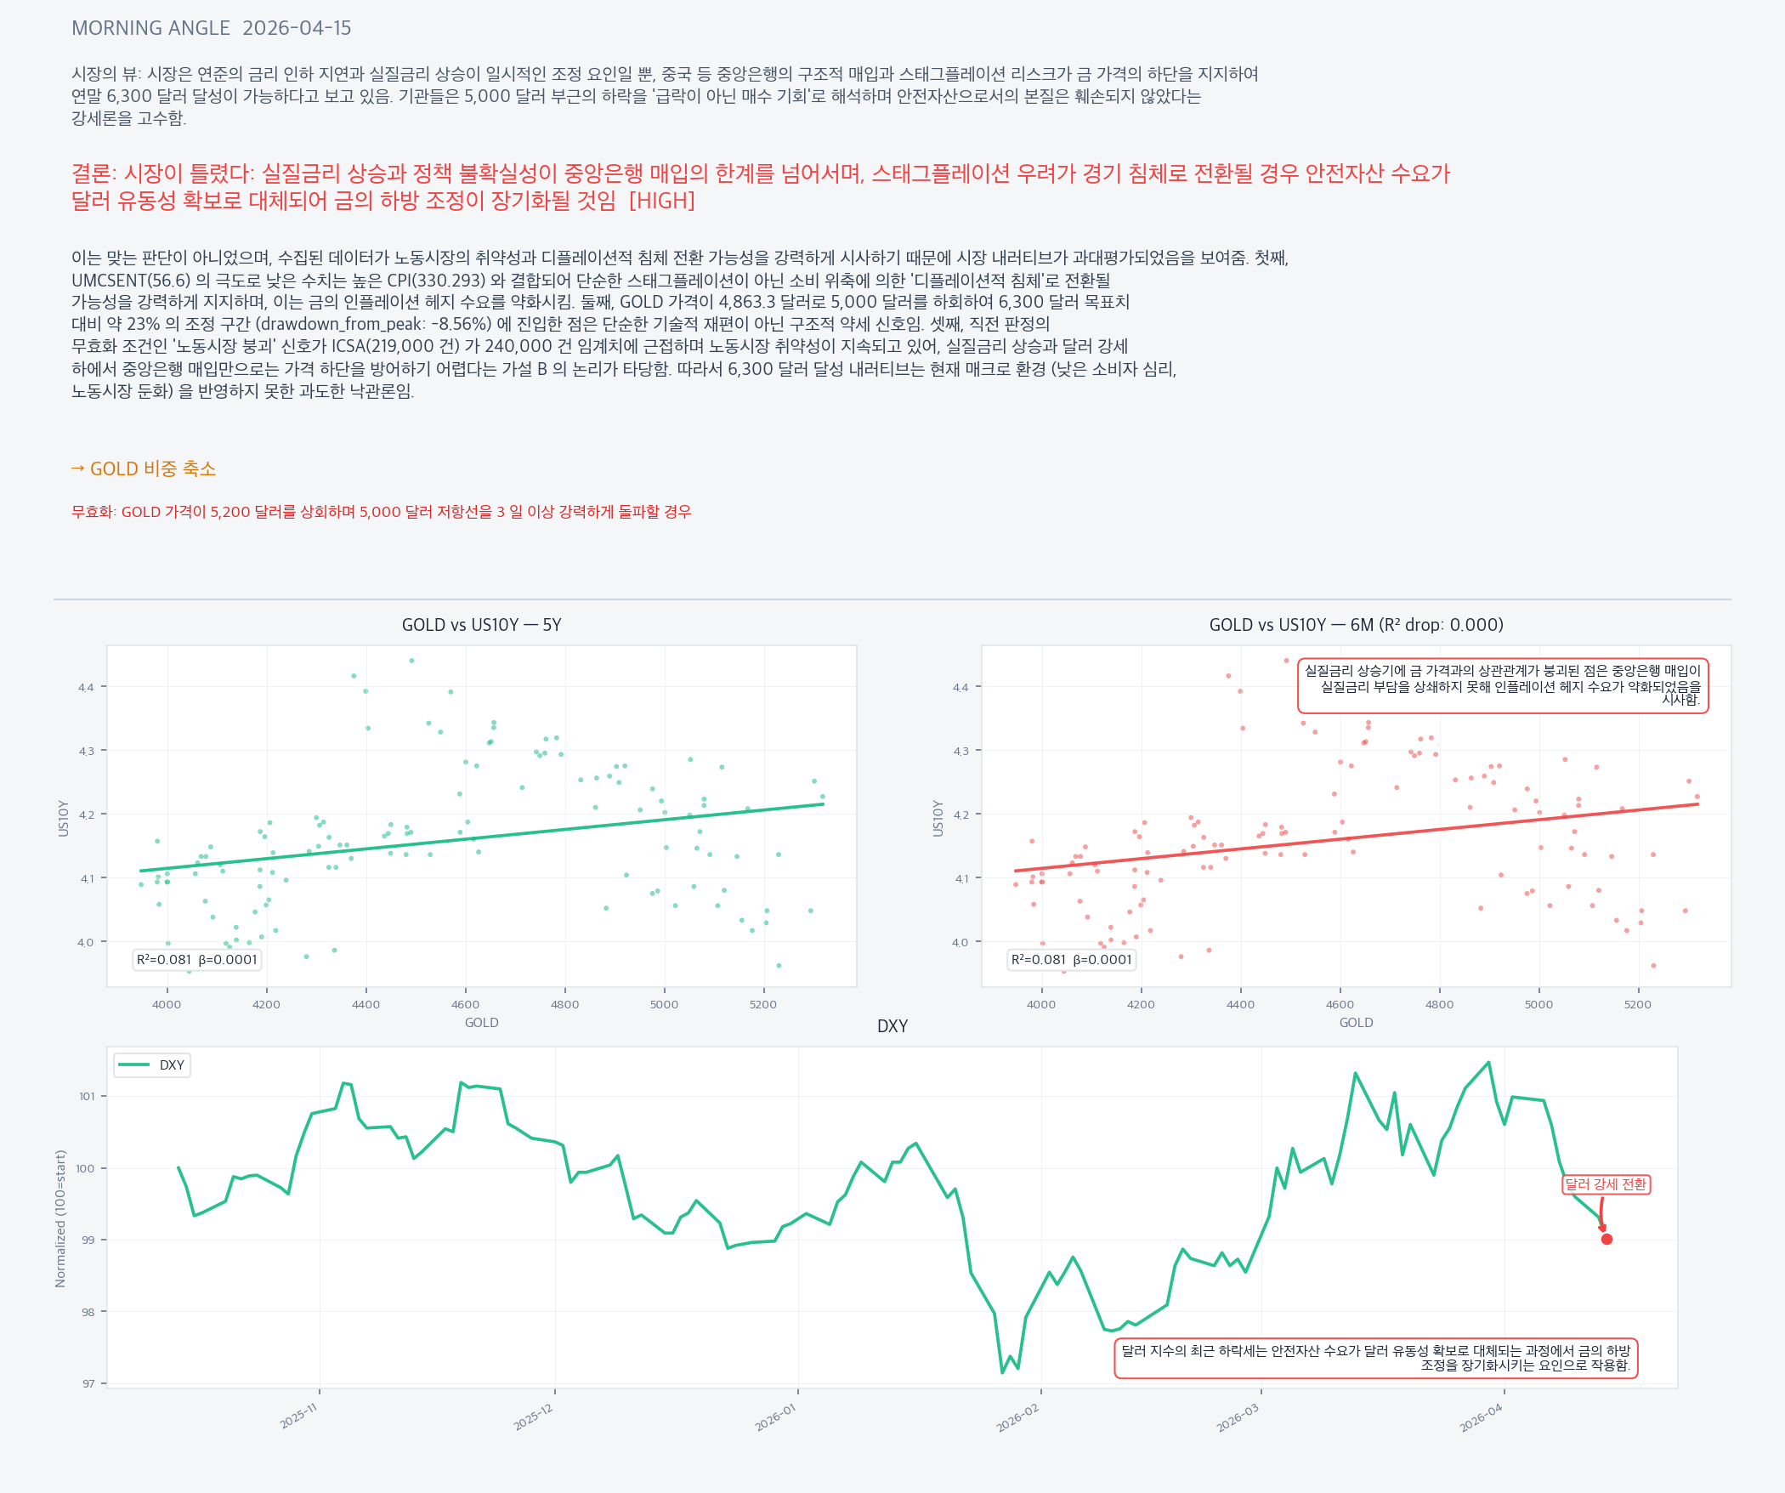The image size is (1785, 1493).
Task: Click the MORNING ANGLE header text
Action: pyautogui.click(x=150, y=28)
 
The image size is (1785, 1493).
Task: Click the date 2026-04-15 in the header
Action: pyautogui.click(x=297, y=28)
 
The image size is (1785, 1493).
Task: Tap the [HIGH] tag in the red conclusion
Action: pyautogui.click(x=661, y=201)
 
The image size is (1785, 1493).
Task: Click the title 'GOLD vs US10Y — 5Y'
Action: pyautogui.click(x=481, y=625)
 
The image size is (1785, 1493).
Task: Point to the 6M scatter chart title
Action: pyautogui.click(x=1356, y=625)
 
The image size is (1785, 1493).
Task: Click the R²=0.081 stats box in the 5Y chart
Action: pyautogui.click(x=196, y=960)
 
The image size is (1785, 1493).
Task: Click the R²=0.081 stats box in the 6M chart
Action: pyautogui.click(x=1071, y=960)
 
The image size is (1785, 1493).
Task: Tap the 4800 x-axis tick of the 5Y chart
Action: pyautogui.click(x=564, y=1004)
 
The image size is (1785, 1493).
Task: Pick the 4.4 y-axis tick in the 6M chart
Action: pyautogui.click(x=960, y=687)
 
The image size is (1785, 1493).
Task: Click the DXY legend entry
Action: pyautogui.click(x=152, y=1065)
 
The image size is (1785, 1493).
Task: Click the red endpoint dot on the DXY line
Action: pyautogui.click(x=1606, y=1239)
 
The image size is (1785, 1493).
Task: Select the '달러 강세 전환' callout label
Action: pyautogui.click(x=1606, y=1184)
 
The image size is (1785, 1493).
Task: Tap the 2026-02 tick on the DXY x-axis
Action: pyautogui.click(x=1018, y=1417)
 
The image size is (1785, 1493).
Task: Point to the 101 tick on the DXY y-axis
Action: pyautogui.click(x=87, y=1096)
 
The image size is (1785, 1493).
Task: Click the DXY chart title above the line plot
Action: pyautogui.click(x=892, y=1026)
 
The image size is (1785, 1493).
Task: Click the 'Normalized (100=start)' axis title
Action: pyautogui.click(x=60, y=1218)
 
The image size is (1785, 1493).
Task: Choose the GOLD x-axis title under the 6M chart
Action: pyautogui.click(x=1356, y=1023)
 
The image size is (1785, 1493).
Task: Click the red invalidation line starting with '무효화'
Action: pyautogui.click(x=381, y=512)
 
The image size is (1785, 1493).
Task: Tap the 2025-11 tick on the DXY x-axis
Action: pyautogui.click(x=298, y=1416)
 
